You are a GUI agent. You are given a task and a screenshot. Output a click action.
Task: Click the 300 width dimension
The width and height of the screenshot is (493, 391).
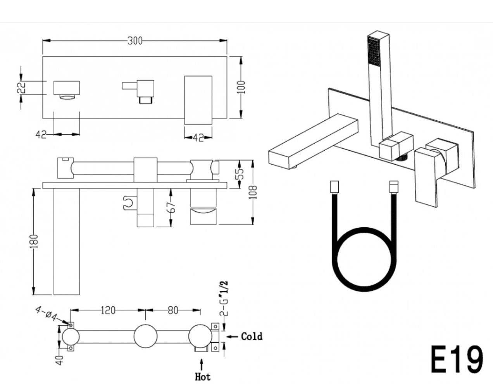(x=135, y=41)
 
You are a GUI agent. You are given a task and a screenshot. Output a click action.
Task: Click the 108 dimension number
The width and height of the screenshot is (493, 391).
(x=253, y=192)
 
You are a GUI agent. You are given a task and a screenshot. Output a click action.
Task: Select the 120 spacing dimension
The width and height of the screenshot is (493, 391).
(x=108, y=310)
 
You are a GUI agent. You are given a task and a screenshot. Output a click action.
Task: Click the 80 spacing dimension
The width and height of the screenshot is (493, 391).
(x=173, y=310)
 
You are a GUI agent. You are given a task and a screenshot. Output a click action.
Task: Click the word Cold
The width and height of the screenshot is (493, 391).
(x=252, y=336)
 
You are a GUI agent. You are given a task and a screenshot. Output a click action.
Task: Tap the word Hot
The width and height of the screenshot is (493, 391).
(x=203, y=376)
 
